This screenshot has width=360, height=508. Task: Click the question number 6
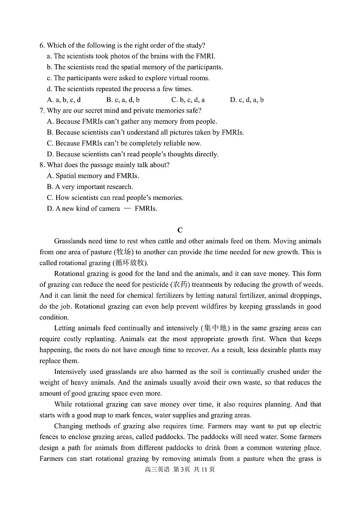[x=42, y=45]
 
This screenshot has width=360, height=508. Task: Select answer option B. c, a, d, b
[x=123, y=100]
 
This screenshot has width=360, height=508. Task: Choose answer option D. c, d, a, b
[x=247, y=100]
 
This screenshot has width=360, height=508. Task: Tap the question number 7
[x=42, y=111]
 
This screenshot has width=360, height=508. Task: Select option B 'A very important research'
[x=90, y=187]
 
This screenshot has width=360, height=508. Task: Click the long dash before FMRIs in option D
[x=127, y=209]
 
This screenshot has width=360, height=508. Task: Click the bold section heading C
[x=180, y=230]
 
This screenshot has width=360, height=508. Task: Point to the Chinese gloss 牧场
[x=123, y=252]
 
